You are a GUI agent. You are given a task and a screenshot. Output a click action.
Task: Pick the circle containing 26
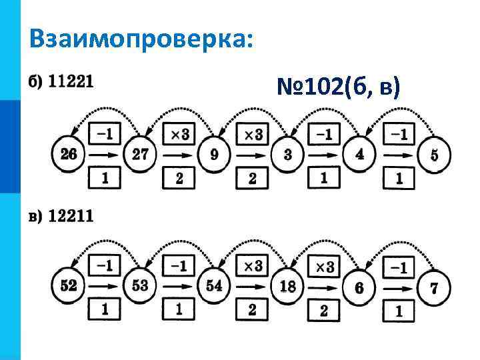click(68, 155)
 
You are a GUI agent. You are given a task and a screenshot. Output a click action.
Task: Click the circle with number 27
click(141, 155)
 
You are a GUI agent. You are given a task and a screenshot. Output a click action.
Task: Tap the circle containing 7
click(435, 288)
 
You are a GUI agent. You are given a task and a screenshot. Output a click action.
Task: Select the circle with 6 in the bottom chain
click(360, 288)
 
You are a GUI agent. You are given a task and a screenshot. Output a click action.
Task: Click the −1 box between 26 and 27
click(104, 135)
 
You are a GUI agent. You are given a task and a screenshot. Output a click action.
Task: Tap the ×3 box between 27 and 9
click(179, 135)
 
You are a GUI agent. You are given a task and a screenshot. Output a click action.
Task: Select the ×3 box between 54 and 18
click(251, 267)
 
